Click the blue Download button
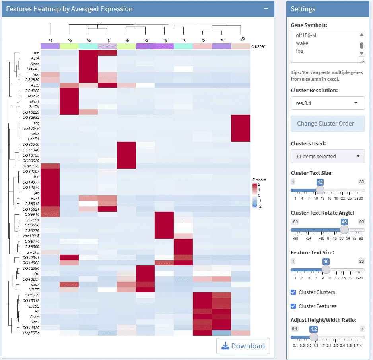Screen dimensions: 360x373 [x=243, y=346]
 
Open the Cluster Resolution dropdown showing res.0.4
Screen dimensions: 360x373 [x=328, y=103]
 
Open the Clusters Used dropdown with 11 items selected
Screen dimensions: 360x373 [x=328, y=156]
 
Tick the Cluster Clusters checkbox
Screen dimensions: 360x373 [x=293, y=292]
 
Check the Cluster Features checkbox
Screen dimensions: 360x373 [x=293, y=306]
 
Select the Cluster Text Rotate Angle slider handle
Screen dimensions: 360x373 [x=344, y=229]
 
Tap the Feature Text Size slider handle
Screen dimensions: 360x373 [x=326, y=269]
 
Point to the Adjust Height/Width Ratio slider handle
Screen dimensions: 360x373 [x=314, y=337]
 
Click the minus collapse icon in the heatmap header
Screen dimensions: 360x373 [x=266, y=9]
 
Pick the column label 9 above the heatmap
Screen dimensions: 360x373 [x=51, y=40]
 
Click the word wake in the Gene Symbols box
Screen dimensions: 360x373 [x=302, y=43]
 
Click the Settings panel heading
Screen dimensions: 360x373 [x=303, y=9]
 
